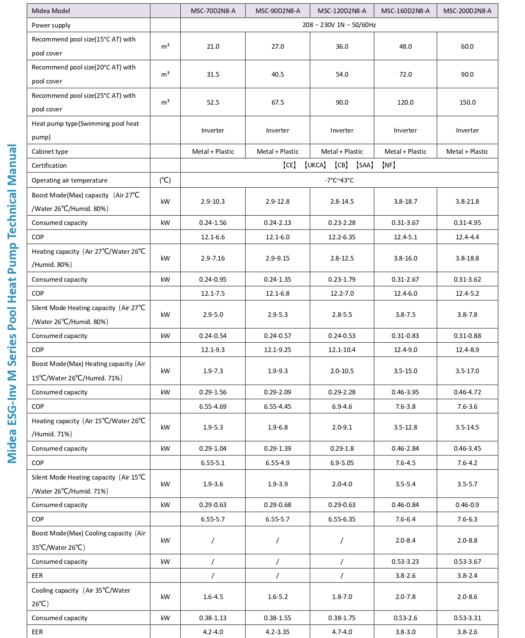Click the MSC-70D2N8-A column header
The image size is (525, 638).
(213, 11)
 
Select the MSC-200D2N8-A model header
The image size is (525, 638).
(467, 11)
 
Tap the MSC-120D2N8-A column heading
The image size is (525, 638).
(342, 11)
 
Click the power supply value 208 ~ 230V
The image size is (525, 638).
(339, 25)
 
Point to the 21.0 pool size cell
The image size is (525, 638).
(213, 47)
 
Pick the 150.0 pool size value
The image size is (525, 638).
(467, 103)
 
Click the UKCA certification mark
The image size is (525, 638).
(316, 165)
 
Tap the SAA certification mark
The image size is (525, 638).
(365, 165)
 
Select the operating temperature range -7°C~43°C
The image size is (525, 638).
(339, 180)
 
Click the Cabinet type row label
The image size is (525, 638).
(50, 152)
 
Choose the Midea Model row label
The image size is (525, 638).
(51, 11)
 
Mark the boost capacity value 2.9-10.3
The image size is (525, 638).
(213, 202)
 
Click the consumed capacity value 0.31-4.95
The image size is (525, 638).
(467, 223)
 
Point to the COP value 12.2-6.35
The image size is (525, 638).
(342, 237)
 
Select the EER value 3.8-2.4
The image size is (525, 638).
(467, 576)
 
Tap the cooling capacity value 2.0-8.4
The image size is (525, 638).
(405, 541)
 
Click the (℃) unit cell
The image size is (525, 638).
(165, 180)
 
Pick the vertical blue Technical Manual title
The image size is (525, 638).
(12, 303)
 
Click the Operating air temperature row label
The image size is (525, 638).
(69, 180)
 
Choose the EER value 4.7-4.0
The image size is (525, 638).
(342, 632)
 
